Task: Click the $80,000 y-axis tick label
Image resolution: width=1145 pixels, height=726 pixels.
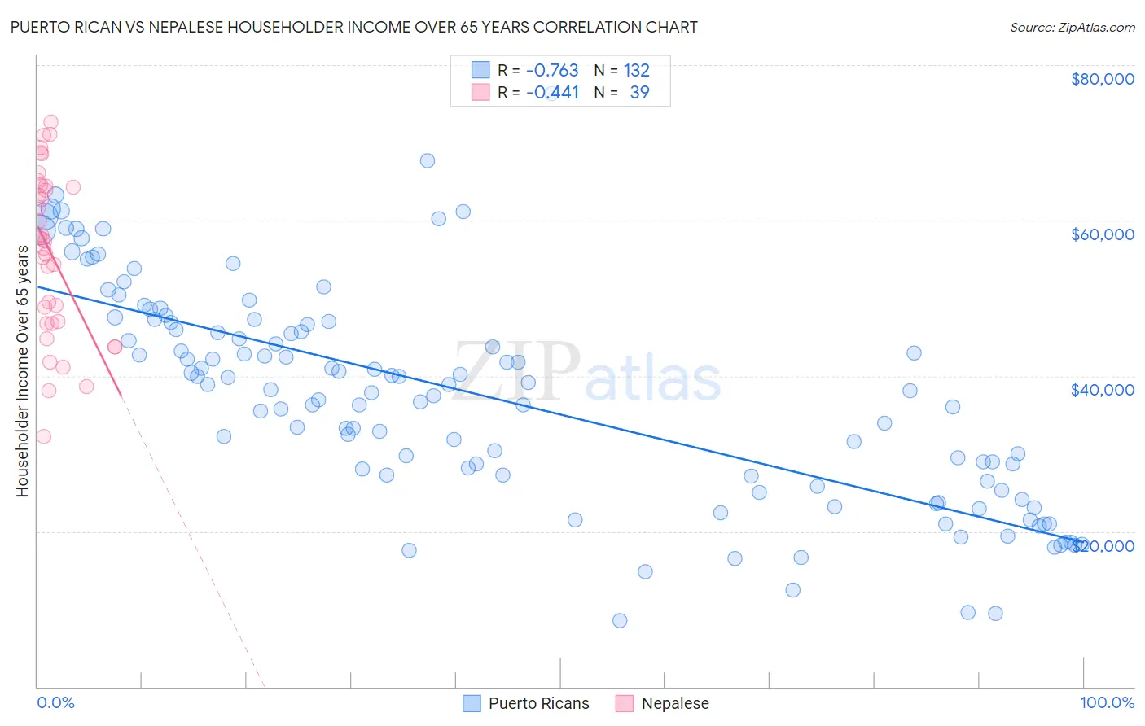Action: click(x=1102, y=79)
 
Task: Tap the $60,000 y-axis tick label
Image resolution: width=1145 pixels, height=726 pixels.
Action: click(x=1102, y=234)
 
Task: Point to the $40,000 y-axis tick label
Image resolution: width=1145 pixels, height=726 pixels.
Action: click(x=1102, y=390)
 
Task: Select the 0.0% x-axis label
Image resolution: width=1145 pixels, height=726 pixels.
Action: click(x=55, y=702)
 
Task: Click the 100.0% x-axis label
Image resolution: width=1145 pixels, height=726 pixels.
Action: click(x=1107, y=702)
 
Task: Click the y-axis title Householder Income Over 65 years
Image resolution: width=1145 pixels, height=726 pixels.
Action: click(x=22, y=371)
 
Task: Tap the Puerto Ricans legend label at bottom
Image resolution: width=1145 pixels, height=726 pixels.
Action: click(x=538, y=703)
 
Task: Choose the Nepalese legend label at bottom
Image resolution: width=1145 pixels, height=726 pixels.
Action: click(x=675, y=703)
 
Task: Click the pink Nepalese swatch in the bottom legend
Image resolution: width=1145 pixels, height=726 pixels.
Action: click(x=625, y=703)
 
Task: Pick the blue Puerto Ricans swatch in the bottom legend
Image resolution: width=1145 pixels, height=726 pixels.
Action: click(x=472, y=703)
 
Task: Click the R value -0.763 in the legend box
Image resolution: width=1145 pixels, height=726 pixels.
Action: click(x=552, y=71)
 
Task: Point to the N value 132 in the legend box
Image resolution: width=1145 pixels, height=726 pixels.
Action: click(x=636, y=71)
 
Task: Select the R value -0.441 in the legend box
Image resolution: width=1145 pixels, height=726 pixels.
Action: click(x=552, y=93)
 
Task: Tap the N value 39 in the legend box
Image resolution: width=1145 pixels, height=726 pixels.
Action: click(x=639, y=93)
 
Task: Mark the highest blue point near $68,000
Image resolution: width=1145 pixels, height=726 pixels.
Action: click(x=427, y=160)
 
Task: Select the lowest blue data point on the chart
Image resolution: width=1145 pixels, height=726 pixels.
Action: click(x=620, y=620)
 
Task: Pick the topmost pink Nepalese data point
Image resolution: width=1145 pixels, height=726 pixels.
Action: click(x=50, y=122)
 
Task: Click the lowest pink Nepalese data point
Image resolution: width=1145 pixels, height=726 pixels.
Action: click(x=44, y=436)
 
